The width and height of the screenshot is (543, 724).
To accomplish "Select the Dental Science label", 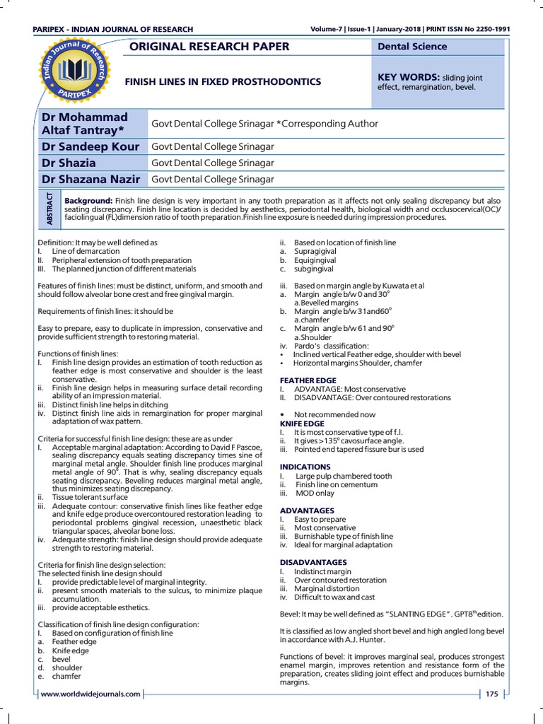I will pos(413,47).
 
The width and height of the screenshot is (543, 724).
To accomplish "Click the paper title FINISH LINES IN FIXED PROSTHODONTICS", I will pos(223,82).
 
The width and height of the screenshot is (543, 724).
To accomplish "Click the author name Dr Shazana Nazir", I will pos(92,180).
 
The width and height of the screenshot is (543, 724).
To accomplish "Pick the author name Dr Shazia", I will pos(68,163).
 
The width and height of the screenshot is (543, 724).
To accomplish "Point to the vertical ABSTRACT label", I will pos(49,208).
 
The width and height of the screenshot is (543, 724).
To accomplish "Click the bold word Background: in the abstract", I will pos(88,202).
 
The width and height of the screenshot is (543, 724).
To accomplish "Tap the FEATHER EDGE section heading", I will pos(308,380).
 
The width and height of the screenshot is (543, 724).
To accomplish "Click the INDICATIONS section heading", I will pos(305,467).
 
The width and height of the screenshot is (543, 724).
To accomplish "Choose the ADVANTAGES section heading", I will pos(307,510).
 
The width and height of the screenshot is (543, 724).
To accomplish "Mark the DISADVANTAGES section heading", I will pos(314,562).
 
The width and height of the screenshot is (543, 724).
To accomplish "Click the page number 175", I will pos(492,694).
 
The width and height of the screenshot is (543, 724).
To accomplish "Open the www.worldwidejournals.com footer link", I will pos(90,694).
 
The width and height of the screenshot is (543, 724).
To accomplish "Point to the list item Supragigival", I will pos(315,251).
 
